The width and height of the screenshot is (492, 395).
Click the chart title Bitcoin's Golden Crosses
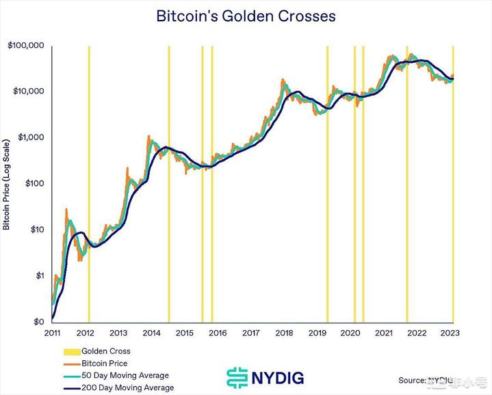click(246, 15)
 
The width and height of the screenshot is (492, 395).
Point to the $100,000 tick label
click(26, 45)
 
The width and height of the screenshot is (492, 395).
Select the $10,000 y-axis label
click(28, 91)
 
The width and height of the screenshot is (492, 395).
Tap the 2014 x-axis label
click(152, 333)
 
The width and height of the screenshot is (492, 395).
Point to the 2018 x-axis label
click(284, 333)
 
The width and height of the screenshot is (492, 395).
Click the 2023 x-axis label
click(450, 333)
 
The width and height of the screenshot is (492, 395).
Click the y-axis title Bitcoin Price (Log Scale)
click(7, 185)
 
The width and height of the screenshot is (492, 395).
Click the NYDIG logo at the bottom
click(266, 377)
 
